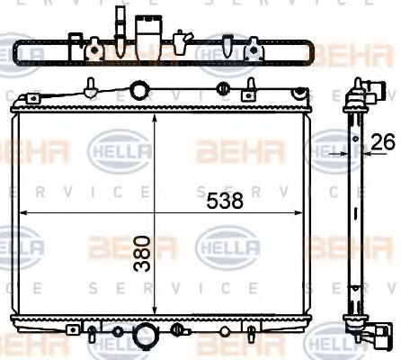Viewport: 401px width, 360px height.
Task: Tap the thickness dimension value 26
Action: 384,141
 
